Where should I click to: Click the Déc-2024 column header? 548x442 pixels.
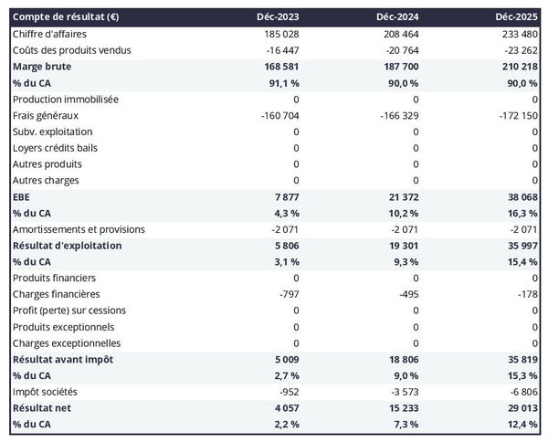(398, 17)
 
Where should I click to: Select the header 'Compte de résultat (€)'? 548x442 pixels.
(64, 17)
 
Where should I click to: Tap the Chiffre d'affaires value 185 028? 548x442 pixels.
(279, 34)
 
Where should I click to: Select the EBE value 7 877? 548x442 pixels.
(285, 197)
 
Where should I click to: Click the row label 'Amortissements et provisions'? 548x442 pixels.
(79, 229)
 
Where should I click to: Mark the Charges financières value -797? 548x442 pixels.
(287, 294)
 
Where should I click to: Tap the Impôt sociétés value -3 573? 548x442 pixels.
(404, 392)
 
